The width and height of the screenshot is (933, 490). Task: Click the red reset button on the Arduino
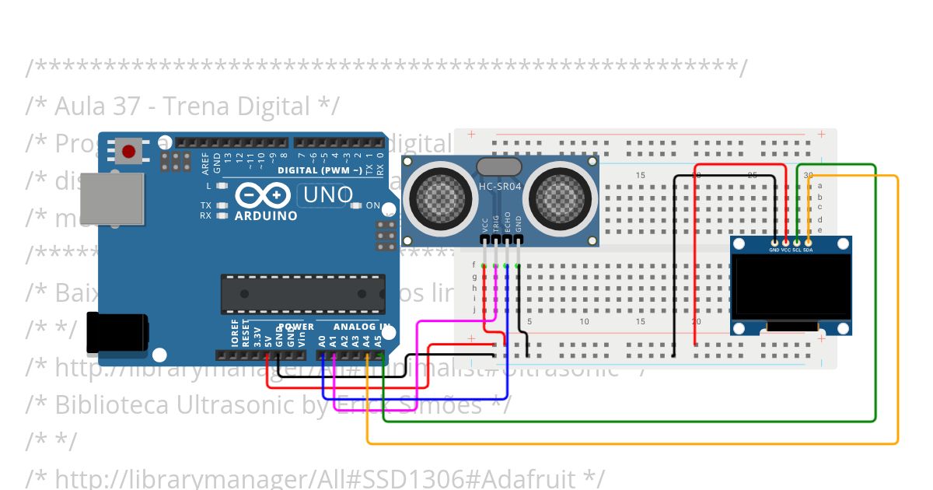pyautogui.click(x=128, y=150)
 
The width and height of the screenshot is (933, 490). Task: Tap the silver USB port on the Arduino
pyautogui.click(x=112, y=199)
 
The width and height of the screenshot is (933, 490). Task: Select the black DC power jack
pyautogui.click(x=117, y=331)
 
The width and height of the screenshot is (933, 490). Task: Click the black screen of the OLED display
pyautogui.click(x=791, y=286)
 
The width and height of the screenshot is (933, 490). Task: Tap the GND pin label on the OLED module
pyautogui.click(x=774, y=250)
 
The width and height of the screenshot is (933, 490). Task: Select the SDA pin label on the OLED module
pyautogui.click(x=808, y=250)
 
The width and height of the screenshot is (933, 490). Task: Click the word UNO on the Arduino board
pyautogui.click(x=327, y=194)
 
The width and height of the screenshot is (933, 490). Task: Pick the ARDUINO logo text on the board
pyautogui.click(x=266, y=215)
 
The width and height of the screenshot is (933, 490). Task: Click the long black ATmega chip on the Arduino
pyautogui.click(x=302, y=293)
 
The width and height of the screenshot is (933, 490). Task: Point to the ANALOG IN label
pyautogui.click(x=362, y=327)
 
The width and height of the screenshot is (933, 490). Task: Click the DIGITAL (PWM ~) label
pyautogui.click(x=319, y=170)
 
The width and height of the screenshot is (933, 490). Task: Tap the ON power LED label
pyautogui.click(x=372, y=206)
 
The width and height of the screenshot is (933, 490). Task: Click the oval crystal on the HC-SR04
pyautogui.click(x=498, y=166)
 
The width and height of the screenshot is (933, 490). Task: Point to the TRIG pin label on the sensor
pyautogui.click(x=496, y=222)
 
